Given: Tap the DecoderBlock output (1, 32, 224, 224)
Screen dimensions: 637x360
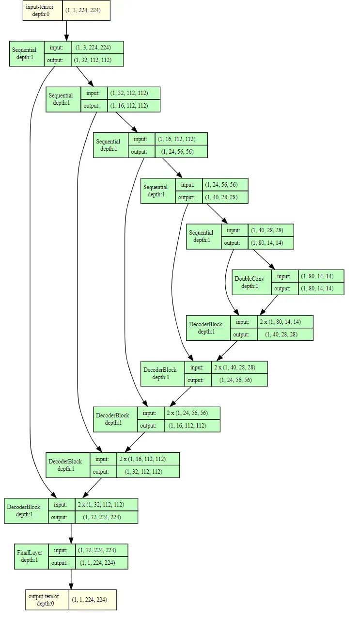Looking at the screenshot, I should click(103, 517).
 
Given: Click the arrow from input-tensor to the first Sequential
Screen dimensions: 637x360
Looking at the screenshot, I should click(67, 31).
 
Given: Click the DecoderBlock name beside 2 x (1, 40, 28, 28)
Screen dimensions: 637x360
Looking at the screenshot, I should click(160, 373).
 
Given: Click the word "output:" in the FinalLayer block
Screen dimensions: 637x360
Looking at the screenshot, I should click(61, 563).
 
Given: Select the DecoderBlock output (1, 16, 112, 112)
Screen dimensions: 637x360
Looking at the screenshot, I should click(187, 426).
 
